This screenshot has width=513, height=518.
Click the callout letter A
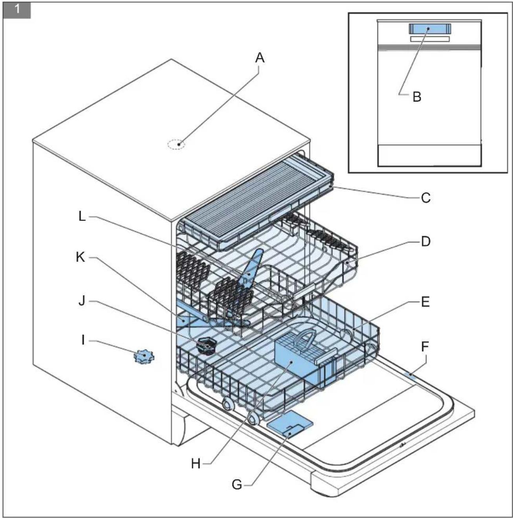click(x=260, y=58)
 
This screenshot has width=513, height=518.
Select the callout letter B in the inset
click(x=417, y=96)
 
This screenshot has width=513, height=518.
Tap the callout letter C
click(x=426, y=197)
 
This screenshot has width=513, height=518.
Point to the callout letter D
click(x=426, y=241)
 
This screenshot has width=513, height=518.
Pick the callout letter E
click(x=425, y=302)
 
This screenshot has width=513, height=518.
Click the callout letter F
click(x=425, y=347)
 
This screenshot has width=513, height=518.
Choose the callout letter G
click(x=237, y=485)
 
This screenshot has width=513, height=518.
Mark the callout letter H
click(x=196, y=464)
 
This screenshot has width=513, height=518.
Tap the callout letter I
click(x=83, y=340)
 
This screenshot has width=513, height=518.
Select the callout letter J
click(x=81, y=301)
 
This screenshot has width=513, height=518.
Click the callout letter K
click(x=80, y=257)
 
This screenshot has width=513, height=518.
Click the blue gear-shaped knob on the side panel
click(x=144, y=356)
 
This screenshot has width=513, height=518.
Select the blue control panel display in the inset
click(x=430, y=29)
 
